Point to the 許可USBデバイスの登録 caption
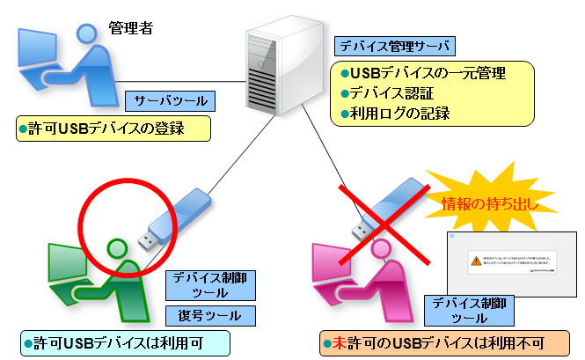click(113, 129)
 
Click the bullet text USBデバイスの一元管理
click(428, 73)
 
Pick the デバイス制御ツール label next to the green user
click(210, 284)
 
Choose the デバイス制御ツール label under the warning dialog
click(456, 309)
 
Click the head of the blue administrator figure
click(87, 36)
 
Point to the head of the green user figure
click(117, 249)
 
